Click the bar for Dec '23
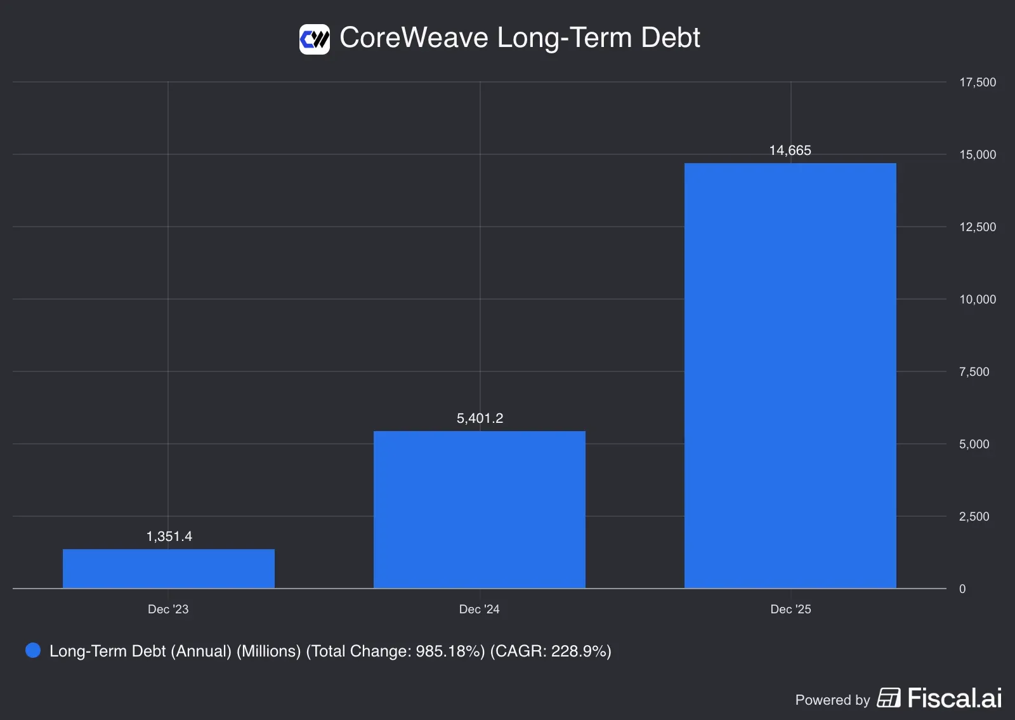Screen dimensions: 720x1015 pos(168,568)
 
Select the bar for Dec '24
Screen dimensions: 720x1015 pos(479,509)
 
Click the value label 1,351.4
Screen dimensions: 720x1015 pos(169,537)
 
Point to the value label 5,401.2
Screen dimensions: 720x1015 pos(480,418)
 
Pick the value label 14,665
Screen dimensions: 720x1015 pos(790,150)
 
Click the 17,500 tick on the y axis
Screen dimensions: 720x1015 pos(977,82)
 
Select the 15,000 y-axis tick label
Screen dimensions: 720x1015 pos(977,154)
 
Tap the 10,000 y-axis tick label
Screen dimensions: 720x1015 pos(977,299)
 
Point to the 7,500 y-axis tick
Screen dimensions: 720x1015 pos(974,371)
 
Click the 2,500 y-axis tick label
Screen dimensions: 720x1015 pos(974,516)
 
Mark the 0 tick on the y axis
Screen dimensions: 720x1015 pos(962,589)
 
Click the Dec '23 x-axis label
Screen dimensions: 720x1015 pos(168,609)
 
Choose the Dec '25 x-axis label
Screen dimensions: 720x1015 pos(790,609)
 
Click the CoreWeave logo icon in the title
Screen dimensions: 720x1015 pos(315,39)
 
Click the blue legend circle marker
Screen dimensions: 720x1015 pos(33,650)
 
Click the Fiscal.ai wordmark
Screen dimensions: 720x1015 pos(954,698)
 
